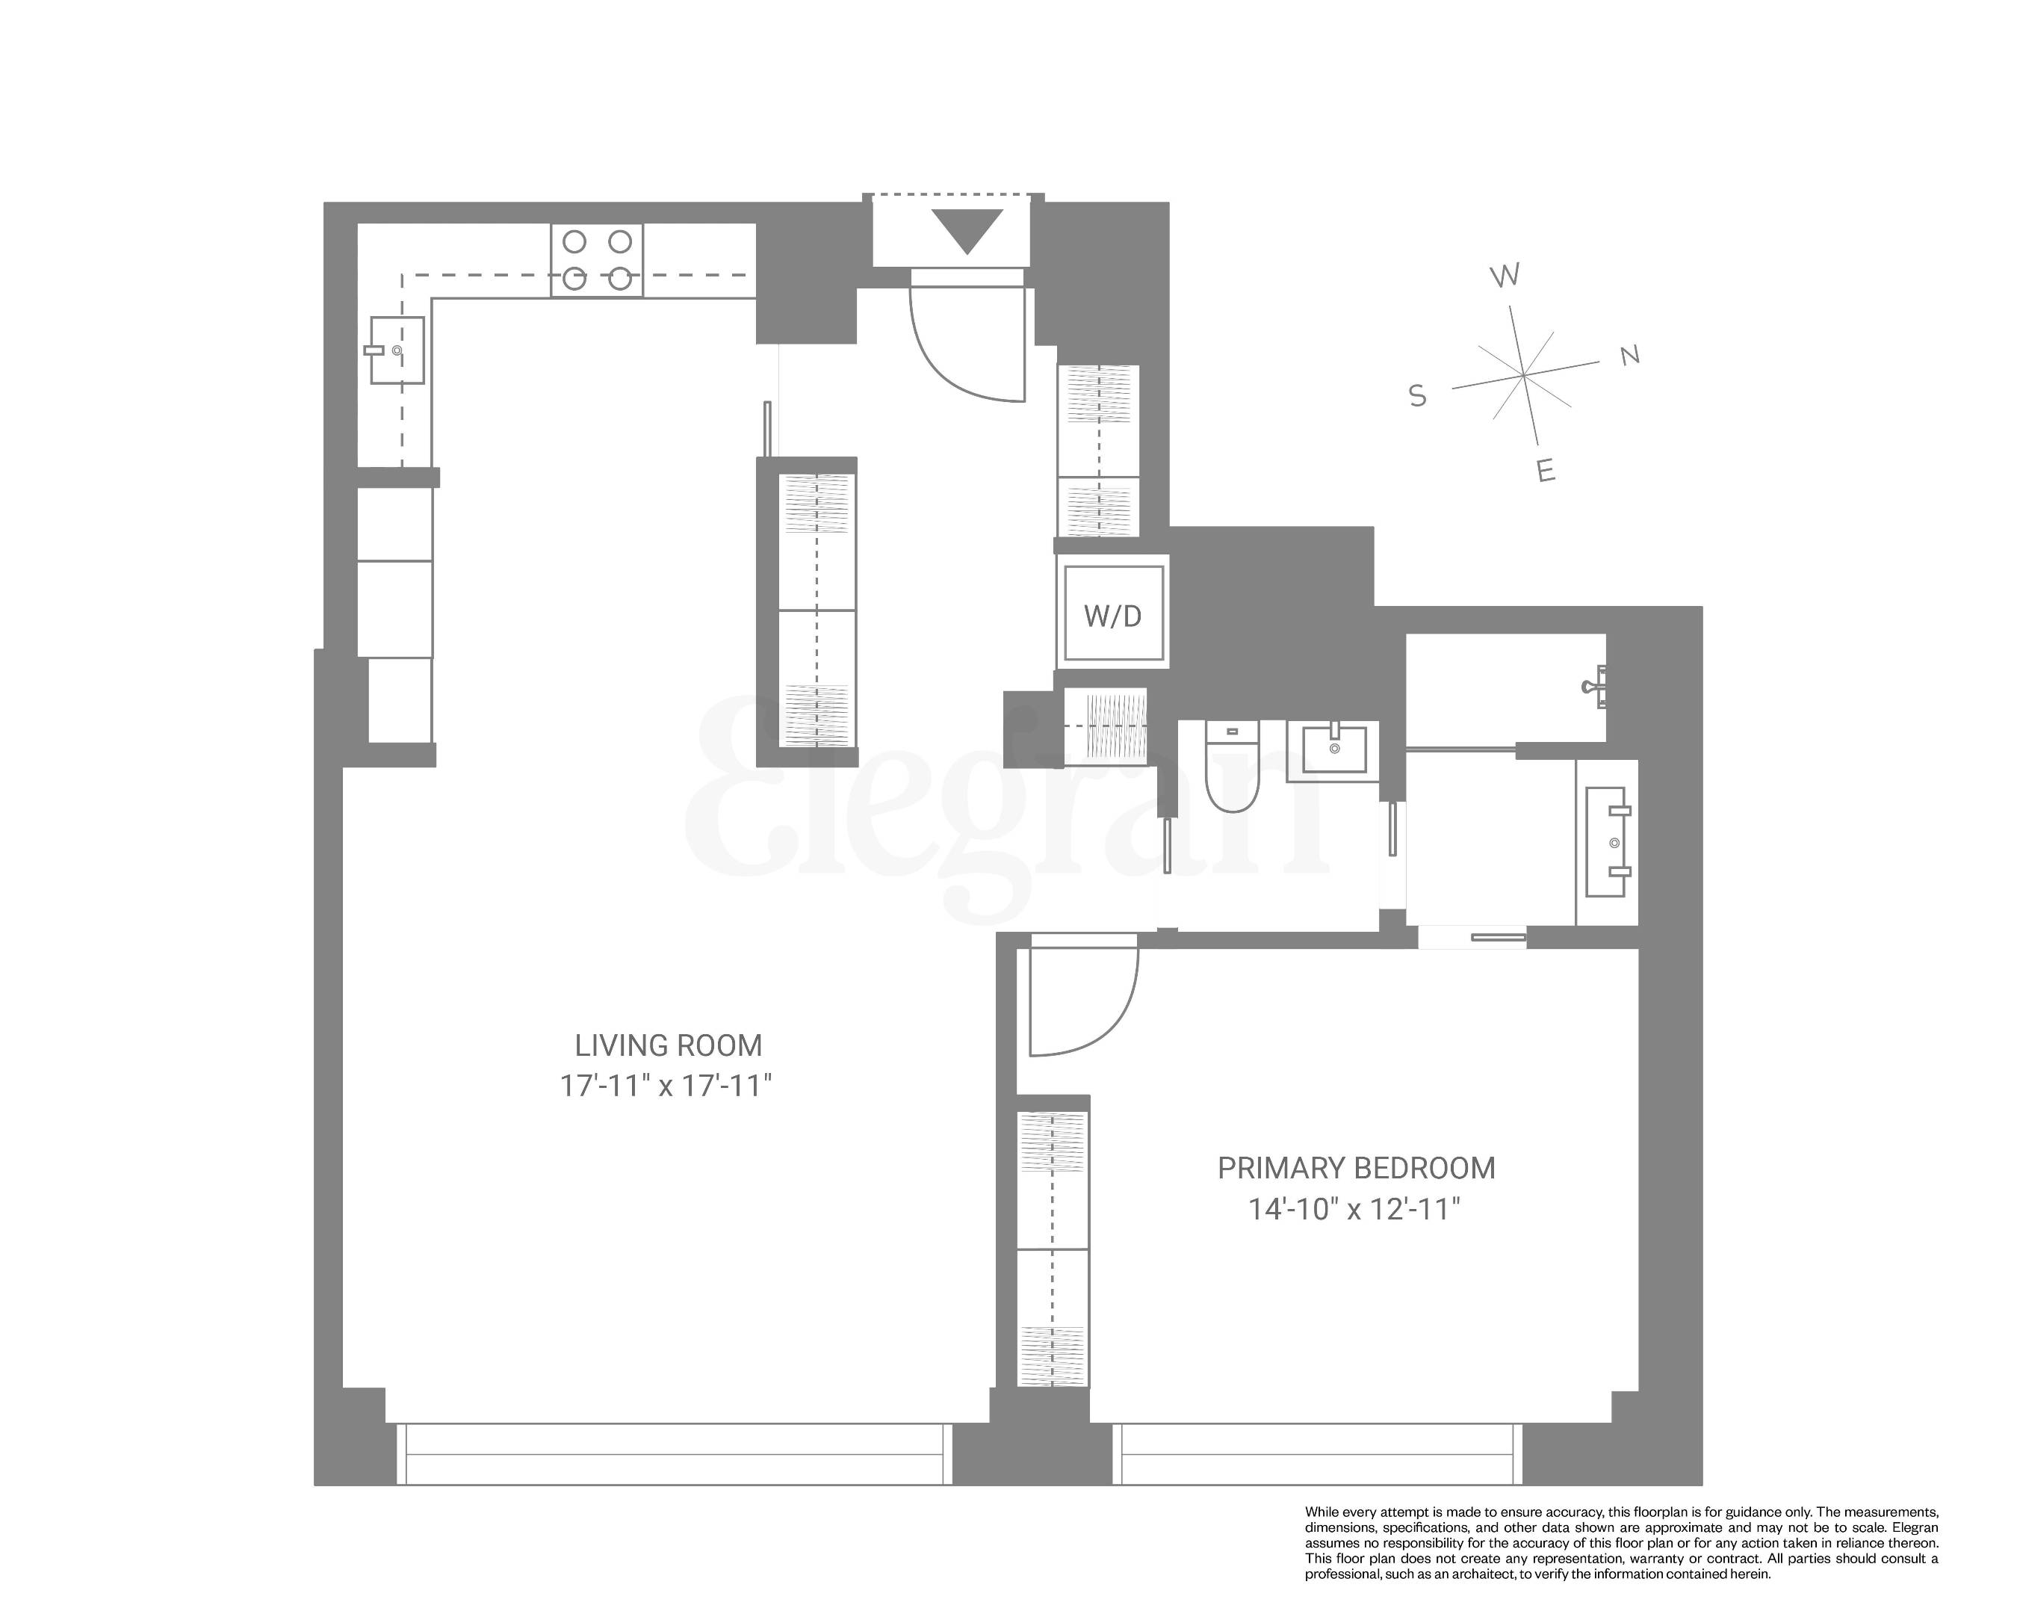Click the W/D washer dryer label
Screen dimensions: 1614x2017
pyautogui.click(x=1112, y=616)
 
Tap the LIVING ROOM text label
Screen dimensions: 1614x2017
pyautogui.click(x=668, y=1045)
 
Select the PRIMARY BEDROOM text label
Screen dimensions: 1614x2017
pyautogui.click(x=1356, y=1169)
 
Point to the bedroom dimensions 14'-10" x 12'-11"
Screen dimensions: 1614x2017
pyautogui.click(x=1354, y=1210)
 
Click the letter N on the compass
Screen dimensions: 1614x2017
pyautogui.click(x=1630, y=356)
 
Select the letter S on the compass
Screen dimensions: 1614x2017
pyautogui.click(x=1417, y=397)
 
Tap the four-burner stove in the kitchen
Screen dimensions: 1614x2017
pyautogui.click(x=597, y=260)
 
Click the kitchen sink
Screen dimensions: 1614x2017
pyautogui.click(x=397, y=350)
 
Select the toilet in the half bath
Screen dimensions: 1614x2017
pyautogui.click(x=1232, y=767)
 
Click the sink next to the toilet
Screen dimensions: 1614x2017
pyautogui.click(x=1333, y=749)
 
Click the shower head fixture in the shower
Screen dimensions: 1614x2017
pyautogui.click(x=1594, y=687)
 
